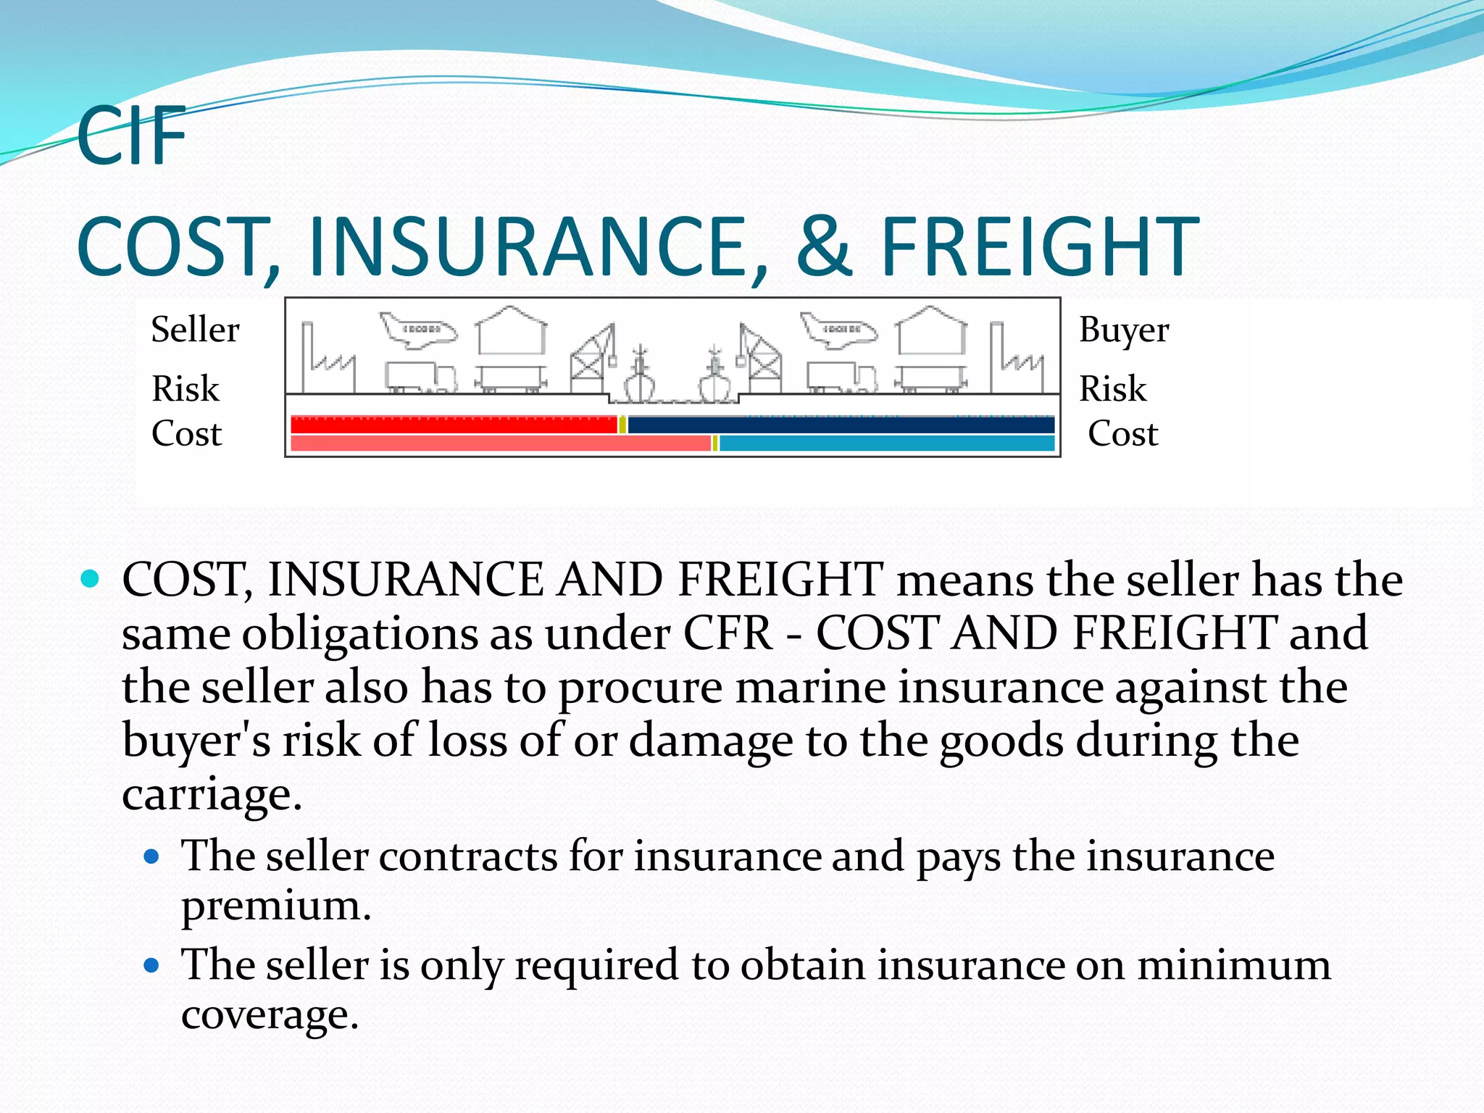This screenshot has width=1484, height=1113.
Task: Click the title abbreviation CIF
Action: click(131, 136)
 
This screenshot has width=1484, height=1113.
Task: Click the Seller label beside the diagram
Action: click(195, 330)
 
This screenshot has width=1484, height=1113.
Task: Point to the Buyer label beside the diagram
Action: click(1123, 330)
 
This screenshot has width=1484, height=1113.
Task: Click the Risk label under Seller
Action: click(185, 388)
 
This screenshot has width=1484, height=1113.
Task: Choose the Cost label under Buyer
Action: click(1122, 433)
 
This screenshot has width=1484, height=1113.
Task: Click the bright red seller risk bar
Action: click(453, 425)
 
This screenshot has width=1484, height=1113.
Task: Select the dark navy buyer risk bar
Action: click(841, 425)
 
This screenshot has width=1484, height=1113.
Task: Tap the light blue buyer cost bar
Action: click(886, 443)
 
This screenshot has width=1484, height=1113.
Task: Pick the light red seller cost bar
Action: click(500, 443)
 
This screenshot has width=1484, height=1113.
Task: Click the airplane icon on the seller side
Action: click(419, 330)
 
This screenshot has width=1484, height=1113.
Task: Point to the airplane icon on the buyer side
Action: click(838, 330)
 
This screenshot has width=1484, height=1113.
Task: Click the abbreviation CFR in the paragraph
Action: click(728, 633)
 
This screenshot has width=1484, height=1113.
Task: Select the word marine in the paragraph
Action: click(810, 687)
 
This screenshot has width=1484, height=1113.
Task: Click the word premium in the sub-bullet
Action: click(275, 906)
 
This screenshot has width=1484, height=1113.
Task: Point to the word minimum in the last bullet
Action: click(1233, 965)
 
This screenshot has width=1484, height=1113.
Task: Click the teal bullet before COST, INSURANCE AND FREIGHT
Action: click(90, 578)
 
